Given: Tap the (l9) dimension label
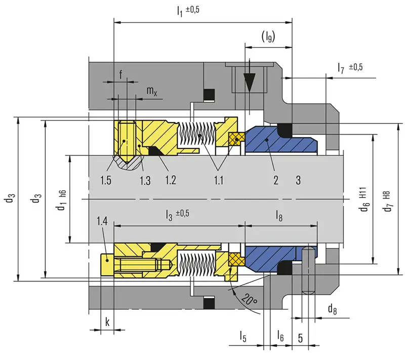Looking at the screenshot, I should point(268,37).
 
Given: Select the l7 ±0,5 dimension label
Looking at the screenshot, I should point(350,67).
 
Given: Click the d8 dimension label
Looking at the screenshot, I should point(333,308).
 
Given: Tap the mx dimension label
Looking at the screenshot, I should point(152,91).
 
